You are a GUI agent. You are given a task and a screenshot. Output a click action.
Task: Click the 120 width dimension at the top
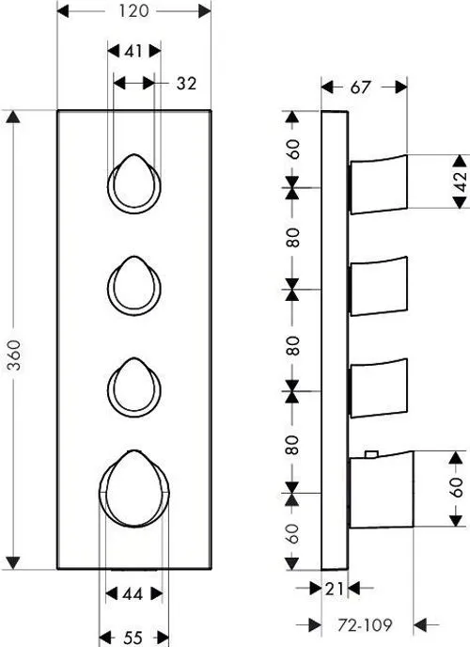[x=134, y=11]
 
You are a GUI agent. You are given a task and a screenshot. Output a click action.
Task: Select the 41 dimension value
[x=133, y=51]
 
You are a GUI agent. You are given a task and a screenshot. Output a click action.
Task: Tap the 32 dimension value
[x=186, y=84]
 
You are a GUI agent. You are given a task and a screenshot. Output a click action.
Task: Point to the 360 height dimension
[x=15, y=355]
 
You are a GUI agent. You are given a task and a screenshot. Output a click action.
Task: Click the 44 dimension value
[x=133, y=594]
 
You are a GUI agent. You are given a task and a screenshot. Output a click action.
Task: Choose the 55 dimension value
[x=133, y=638]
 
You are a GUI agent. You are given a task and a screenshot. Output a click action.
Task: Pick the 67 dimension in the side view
[x=361, y=87]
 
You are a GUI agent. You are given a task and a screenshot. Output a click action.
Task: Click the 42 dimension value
[x=461, y=181]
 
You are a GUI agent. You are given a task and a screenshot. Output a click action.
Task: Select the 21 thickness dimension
[x=335, y=589]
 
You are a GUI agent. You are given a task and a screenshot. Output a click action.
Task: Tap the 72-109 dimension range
[x=365, y=625]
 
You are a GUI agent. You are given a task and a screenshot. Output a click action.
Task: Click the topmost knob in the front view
[x=134, y=184]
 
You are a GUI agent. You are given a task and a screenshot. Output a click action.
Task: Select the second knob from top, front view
[x=134, y=286]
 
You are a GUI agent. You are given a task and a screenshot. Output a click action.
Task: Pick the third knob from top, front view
[x=134, y=387]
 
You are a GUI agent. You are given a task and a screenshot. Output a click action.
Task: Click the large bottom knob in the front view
[x=134, y=489]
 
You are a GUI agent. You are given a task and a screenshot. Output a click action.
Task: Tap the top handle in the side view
[x=379, y=184]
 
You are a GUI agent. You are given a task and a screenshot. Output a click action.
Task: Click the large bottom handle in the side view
[x=382, y=490]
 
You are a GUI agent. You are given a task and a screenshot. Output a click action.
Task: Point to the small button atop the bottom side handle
[x=371, y=454]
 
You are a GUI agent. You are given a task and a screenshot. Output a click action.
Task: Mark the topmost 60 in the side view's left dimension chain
[x=293, y=150]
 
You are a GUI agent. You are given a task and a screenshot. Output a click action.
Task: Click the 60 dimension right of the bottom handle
[x=457, y=488]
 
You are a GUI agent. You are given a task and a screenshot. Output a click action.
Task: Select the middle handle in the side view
[x=379, y=286]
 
